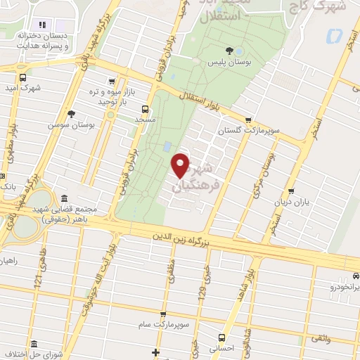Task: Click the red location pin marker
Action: [181, 165]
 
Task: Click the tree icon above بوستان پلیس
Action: [229, 50]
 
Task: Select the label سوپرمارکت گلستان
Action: [219, 131]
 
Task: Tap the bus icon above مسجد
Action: [145, 109]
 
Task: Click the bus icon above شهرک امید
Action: [23, 78]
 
